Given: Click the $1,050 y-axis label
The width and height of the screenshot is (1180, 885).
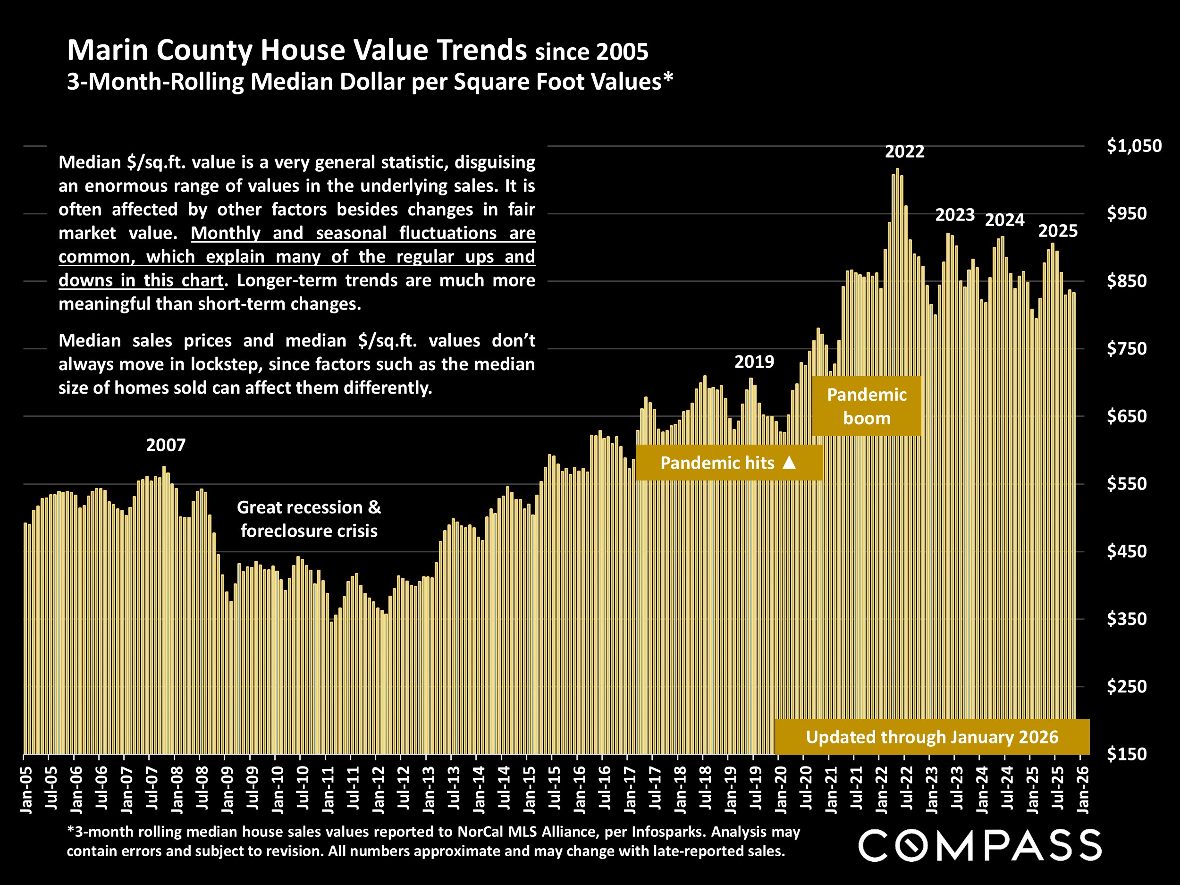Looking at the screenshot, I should pyautogui.click(x=1134, y=146).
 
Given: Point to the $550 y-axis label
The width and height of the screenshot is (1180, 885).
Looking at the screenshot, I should pyautogui.click(x=1126, y=484).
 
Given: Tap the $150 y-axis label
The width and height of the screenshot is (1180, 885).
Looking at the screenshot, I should pyautogui.click(x=1126, y=754).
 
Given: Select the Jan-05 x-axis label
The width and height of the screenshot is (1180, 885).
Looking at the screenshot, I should pyautogui.click(x=25, y=791).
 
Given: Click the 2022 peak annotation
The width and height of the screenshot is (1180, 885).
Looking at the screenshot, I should pyautogui.click(x=904, y=152).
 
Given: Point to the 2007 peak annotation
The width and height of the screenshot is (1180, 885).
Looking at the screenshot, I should pyautogui.click(x=166, y=445).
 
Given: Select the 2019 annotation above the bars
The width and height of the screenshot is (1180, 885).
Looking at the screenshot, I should pyautogui.click(x=754, y=362).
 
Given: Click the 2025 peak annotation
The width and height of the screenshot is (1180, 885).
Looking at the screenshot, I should pyautogui.click(x=1057, y=231).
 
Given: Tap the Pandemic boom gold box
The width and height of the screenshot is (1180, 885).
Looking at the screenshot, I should pyautogui.click(x=866, y=406).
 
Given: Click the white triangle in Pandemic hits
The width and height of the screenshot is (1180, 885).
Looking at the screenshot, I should pyautogui.click(x=789, y=463).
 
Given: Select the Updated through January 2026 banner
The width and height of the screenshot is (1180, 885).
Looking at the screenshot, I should pyautogui.click(x=931, y=737).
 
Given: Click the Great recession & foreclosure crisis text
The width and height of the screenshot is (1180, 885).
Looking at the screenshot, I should pyautogui.click(x=309, y=519).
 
